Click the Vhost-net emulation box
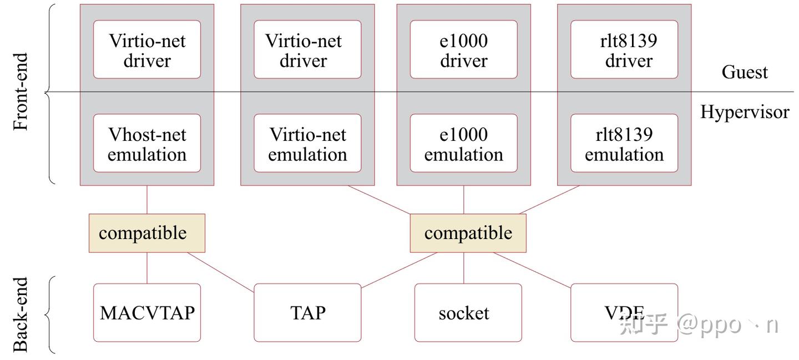(147, 143)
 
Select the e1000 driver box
(464, 49)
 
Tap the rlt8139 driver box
(624, 49)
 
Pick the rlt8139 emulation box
(624, 143)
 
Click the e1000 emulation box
(464, 143)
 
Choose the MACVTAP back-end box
(147, 313)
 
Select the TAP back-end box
(307, 313)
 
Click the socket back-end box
(468, 313)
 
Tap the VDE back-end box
(624, 313)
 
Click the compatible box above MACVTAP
(147, 233)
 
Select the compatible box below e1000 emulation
(468, 233)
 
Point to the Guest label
(745, 72)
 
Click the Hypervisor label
(745, 112)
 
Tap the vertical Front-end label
(21, 92)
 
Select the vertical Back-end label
(21, 315)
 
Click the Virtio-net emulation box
(307, 143)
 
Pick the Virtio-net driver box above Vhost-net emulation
(147, 49)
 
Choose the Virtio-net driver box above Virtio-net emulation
(307, 49)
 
